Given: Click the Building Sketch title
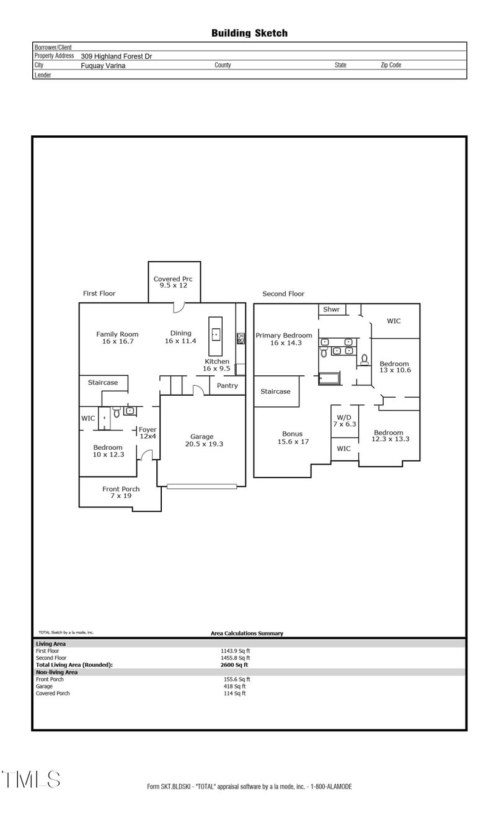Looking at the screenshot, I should [x=249, y=33].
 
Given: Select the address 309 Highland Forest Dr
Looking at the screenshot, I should [x=116, y=56].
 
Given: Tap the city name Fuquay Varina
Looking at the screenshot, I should [x=103, y=65].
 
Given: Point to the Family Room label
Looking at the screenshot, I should [x=117, y=337].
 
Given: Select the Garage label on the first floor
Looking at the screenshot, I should [x=202, y=440].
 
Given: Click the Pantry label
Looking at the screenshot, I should [x=227, y=385].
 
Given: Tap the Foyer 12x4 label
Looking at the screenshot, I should [x=148, y=433].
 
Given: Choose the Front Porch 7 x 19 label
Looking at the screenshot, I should [x=121, y=493].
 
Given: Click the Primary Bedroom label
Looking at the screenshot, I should [x=284, y=339].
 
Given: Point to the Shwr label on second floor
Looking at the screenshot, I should [x=330, y=310].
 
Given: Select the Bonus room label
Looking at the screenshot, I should [x=293, y=437].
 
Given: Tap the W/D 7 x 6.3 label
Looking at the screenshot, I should [x=343, y=421].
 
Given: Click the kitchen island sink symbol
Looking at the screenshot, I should [x=215, y=334].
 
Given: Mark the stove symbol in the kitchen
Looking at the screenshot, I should [x=240, y=339].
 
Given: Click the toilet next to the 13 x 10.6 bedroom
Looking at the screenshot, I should [x=365, y=359].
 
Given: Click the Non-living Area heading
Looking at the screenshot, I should [x=56, y=672].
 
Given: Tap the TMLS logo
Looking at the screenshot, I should [x=31, y=779].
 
